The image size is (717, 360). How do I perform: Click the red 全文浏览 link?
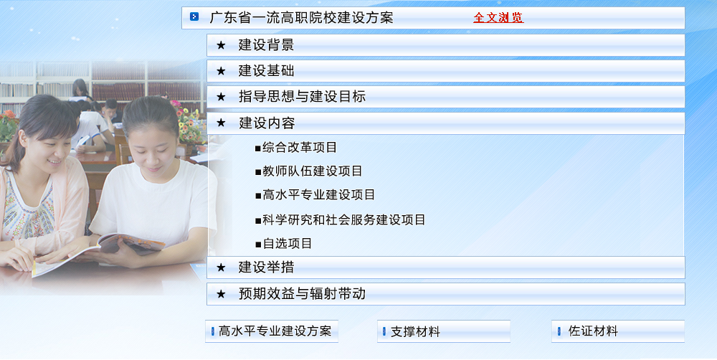(498, 18)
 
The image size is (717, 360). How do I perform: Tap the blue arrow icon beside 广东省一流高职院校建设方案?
(194, 17)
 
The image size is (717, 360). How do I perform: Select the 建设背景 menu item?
(266, 45)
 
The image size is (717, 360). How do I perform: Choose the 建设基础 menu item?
(266, 71)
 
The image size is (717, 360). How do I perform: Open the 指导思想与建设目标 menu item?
(302, 97)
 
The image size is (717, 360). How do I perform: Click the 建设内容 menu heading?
(267, 123)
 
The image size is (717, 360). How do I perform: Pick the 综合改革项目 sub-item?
(300, 147)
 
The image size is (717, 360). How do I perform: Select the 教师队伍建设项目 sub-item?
(313, 171)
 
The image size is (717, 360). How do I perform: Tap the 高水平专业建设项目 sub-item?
(319, 195)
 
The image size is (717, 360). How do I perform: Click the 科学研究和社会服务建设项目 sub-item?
(344, 219)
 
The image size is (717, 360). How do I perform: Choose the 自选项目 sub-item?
(288, 243)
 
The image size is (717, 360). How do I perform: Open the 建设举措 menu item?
(266, 267)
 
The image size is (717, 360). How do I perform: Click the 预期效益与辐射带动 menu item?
(302, 294)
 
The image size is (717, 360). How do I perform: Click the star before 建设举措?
(221, 267)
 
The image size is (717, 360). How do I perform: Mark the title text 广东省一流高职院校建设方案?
(301, 18)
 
